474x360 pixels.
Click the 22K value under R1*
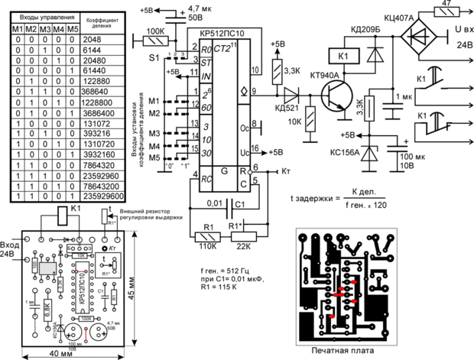pos(245,246)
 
